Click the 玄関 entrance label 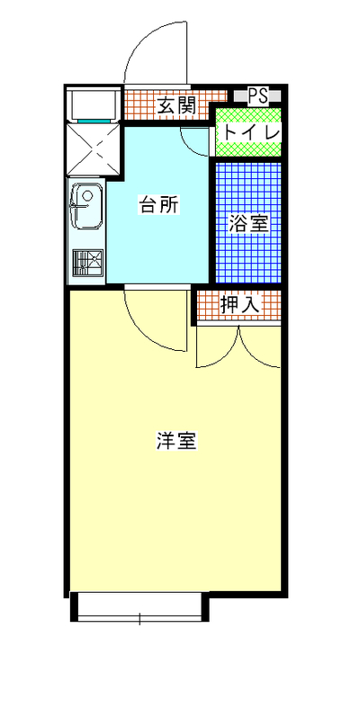[176, 106]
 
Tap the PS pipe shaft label [258, 95]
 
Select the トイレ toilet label [251, 133]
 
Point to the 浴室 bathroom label [247, 224]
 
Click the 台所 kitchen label [158, 204]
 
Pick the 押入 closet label [240, 304]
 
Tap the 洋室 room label [176, 440]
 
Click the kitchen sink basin [86, 206]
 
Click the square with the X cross [94, 148]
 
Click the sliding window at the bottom [139, 606]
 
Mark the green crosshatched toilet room [247, 132]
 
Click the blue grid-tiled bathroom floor [247, 223]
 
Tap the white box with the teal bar [94, 105]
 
